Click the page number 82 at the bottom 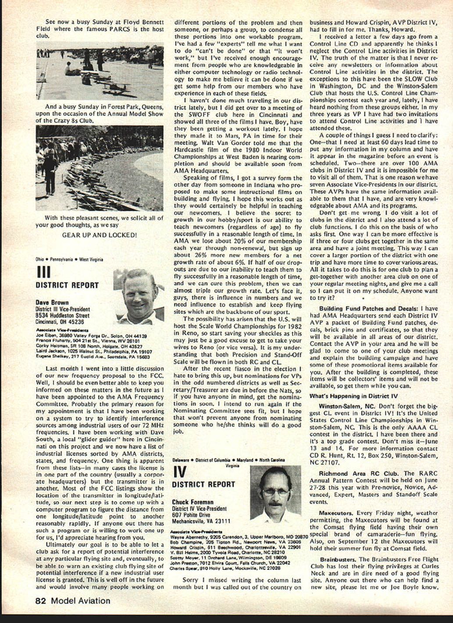coord(41,601)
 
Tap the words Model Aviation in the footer coord(80,601)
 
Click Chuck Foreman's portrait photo coord(275,495)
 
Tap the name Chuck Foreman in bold coord(192,502)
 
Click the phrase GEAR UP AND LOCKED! coord(99,235)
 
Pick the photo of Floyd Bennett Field coord(100,71)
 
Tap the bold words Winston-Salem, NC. coord(347,406)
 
